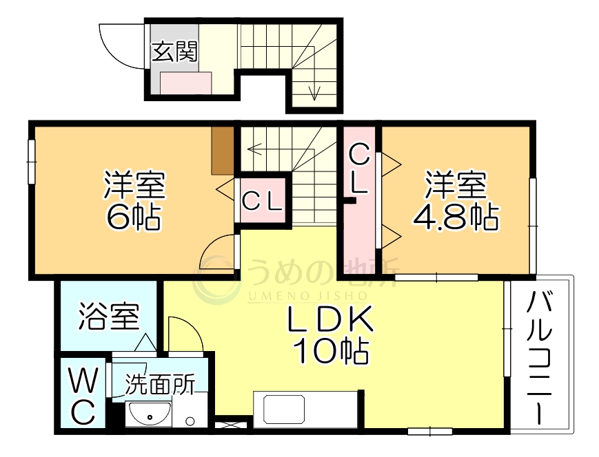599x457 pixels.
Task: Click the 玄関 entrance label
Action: (x=174, y=52)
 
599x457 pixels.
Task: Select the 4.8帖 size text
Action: (x=456, y=217)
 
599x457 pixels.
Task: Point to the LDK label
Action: (x=330, y=320)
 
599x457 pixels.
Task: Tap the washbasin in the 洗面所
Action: (x=149, y=415)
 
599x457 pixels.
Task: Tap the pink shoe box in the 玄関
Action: (x=186, y=84)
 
